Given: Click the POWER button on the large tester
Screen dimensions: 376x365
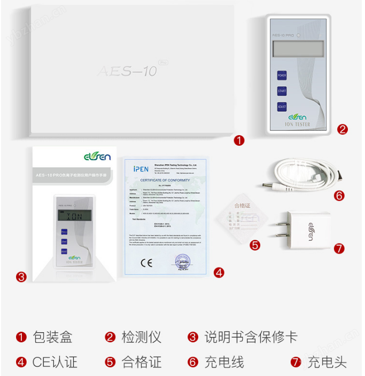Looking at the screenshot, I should [x=282, y=75].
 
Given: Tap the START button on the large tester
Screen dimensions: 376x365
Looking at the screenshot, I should [x=282, y=91].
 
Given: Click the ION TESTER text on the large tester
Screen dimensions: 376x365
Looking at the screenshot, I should [x=298, y=125].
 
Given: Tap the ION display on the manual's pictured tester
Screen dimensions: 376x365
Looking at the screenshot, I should [x=73, y=216].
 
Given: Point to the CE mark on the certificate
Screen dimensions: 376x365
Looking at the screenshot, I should [x=146, y=262].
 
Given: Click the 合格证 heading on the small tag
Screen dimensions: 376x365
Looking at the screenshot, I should [x=242, y=205].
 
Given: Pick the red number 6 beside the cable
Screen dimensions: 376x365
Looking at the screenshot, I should [x=339, y=195].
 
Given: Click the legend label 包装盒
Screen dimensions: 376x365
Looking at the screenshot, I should [x=52, y=337].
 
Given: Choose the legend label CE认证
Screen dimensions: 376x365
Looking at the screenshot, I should [x=55, y=362].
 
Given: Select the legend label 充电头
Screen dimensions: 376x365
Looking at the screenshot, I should [x=327, y=362].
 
